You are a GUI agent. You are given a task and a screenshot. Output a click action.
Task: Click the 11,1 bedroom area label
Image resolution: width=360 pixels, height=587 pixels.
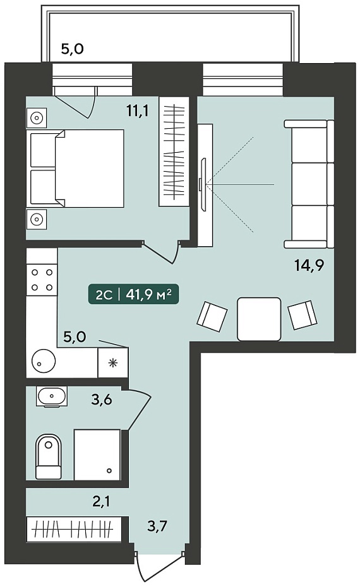138,111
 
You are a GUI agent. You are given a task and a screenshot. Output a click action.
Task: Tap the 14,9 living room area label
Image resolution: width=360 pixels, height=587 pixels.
309,266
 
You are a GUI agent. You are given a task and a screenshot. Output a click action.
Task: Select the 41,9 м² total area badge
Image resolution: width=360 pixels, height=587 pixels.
133,295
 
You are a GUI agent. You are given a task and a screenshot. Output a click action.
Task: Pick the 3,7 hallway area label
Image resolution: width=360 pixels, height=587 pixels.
157,527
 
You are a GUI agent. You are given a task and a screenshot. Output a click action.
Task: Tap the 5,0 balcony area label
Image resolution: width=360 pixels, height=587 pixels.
72,49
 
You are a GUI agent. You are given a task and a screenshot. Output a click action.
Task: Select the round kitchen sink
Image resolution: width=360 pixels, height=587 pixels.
44,361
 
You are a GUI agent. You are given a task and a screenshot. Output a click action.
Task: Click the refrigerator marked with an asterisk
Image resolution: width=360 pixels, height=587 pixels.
113,362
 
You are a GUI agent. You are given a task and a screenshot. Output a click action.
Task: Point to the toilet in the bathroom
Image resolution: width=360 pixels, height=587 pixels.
49,456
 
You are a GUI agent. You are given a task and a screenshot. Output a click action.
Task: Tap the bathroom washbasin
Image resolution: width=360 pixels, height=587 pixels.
52,396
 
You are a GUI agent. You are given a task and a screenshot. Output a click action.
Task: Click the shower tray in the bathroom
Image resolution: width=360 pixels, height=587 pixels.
97,454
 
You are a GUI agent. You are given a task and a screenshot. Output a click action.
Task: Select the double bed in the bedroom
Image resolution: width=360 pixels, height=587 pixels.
75,169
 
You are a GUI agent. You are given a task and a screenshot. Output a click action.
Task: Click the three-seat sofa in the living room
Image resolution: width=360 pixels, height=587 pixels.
309,184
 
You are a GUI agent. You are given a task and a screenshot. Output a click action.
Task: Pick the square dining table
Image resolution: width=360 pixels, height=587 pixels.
259,319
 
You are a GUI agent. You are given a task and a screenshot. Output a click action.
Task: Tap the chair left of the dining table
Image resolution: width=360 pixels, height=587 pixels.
212,316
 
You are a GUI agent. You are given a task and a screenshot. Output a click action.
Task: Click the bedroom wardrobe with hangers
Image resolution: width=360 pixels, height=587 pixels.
174,151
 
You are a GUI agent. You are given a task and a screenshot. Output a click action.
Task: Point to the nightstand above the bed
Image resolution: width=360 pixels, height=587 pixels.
37,117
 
